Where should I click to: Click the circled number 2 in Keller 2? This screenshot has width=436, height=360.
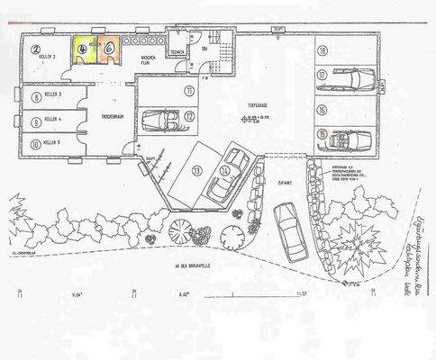37,50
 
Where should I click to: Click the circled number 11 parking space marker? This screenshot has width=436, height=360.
190,92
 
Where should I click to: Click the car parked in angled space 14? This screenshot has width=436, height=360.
228,175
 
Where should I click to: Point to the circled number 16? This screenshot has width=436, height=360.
322,105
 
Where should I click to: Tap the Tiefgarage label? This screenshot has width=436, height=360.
259,107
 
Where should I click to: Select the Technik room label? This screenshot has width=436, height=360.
177,53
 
